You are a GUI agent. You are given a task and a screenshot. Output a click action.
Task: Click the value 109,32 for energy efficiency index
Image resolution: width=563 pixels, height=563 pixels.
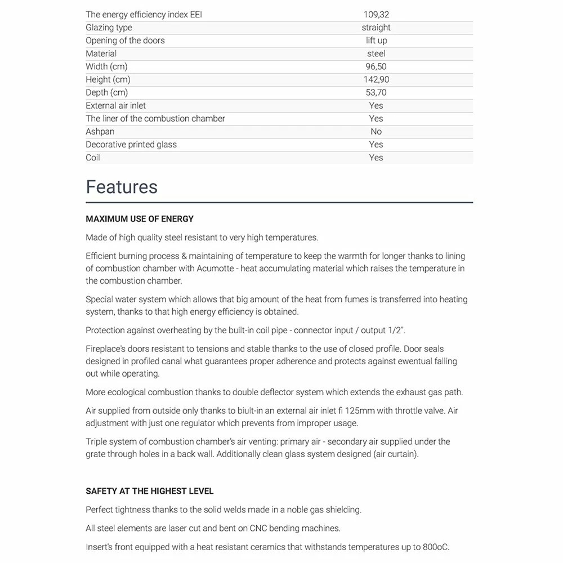click(x=376, y=15)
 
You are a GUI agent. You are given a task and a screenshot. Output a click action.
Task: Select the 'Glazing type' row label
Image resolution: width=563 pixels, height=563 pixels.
click(x=109, y=28)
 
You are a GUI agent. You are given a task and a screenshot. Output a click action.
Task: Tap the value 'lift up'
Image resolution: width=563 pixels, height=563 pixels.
click(x=376, y=41)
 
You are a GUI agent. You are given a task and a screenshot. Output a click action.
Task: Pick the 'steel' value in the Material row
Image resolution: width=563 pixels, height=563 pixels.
click(x=376, y=53)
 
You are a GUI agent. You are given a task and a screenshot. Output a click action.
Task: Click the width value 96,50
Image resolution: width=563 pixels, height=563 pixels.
click(x=376, y=66)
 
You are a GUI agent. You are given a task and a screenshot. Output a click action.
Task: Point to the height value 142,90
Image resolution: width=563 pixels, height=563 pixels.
click(x=376, y=79)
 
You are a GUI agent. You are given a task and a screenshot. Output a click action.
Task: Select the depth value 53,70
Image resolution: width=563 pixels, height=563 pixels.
click(x=376, y=92)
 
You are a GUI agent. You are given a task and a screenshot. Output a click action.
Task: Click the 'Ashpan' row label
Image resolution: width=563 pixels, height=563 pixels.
click(x=100, y=131)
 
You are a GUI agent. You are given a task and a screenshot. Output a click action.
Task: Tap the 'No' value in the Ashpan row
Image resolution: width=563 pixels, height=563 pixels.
click(x=376, y=131)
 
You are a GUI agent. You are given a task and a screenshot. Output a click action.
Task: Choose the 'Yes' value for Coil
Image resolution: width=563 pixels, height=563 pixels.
click(x=376, y=158)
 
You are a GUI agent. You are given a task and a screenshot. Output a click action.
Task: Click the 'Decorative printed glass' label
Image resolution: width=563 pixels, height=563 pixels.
click(x=131, y=144)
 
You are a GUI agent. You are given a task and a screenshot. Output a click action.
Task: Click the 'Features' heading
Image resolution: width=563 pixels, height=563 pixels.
click(x=122, y=186)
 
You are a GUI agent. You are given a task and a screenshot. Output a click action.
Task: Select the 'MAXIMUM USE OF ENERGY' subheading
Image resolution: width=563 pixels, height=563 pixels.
click(x=140, y=218)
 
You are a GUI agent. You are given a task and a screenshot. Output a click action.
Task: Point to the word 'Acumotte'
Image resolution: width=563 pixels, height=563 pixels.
click(x=216, y=269)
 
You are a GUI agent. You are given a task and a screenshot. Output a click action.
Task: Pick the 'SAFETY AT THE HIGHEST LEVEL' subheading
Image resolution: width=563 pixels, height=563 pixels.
click(x=150, y=491)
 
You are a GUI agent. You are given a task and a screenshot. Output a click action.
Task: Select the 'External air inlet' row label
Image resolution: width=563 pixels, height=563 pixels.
click(x=115, y=105)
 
